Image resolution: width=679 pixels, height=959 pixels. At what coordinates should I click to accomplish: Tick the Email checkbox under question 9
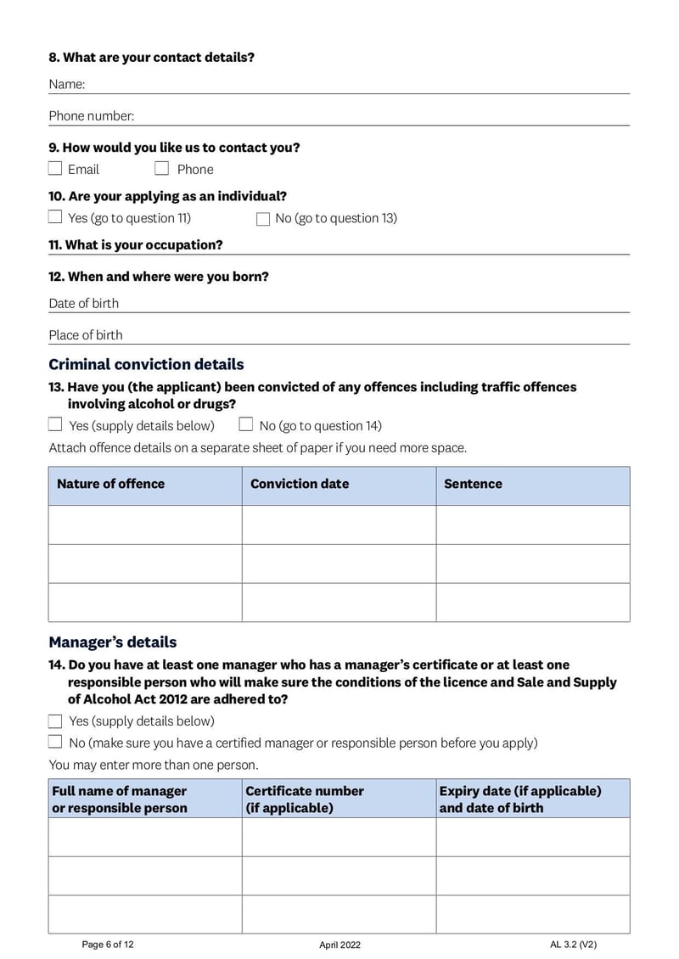coord(55,168)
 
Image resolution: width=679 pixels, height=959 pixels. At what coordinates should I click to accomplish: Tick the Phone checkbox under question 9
coord(161,168)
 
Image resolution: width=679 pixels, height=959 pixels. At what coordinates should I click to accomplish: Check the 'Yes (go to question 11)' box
coord(55,217)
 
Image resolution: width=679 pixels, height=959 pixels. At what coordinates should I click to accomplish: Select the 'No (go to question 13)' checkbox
coord(263,218)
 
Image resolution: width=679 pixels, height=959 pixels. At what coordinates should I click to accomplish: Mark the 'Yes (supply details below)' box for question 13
coord(55,424)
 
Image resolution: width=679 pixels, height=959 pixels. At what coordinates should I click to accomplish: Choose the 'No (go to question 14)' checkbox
coord(246,424)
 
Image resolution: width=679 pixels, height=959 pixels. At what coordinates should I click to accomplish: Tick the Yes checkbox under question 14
coord(55,721)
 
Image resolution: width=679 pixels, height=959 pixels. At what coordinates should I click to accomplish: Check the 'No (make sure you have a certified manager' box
coord(55,742)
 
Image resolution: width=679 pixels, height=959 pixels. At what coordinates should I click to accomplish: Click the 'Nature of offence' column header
coord(110,484)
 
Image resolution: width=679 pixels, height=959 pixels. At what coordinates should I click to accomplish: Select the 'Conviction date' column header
coord(299,484)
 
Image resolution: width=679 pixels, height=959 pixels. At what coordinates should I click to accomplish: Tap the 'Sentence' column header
coord(473,484)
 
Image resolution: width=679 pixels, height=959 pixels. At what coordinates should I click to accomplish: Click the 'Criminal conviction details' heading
coord(146,364)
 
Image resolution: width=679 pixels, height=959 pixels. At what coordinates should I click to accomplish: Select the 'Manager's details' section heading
coord(113,642)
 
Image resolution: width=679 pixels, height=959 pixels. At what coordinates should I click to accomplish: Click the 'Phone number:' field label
coord(92,115)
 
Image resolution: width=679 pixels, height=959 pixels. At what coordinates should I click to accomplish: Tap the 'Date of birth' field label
coord(84,303)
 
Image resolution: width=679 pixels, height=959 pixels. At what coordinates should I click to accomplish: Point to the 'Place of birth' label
coord(86,334)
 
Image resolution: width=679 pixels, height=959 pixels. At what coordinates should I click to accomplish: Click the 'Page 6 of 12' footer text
coord(108,945)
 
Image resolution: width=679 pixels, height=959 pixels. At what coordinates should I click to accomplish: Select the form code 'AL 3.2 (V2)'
coord(573,945)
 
